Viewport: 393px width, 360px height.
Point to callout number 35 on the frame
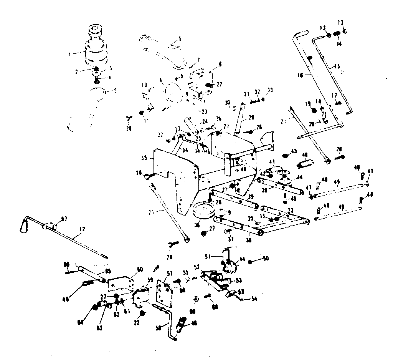click(144, 158)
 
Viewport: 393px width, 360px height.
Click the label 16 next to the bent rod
click(301, 76)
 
